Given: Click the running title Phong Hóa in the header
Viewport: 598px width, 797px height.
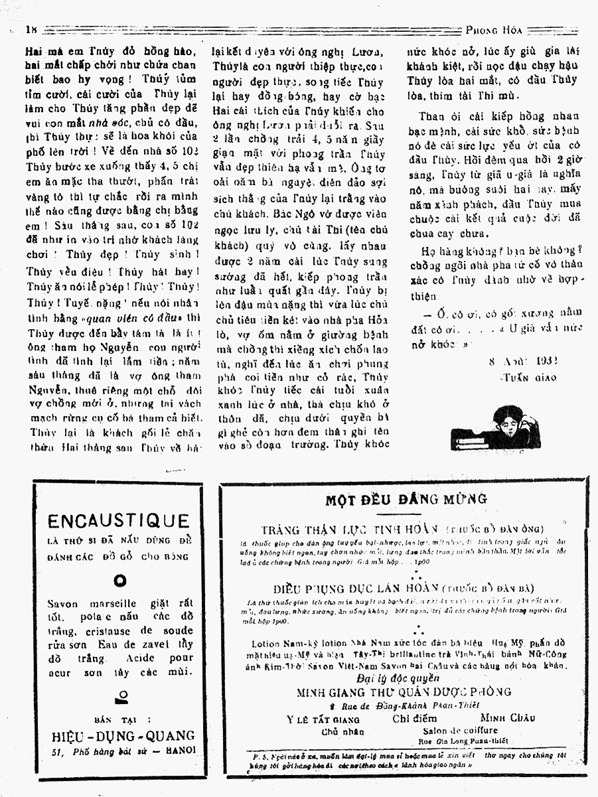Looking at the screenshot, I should tap(494, 29).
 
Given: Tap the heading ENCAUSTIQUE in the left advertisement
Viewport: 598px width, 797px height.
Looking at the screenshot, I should tap(119, 521).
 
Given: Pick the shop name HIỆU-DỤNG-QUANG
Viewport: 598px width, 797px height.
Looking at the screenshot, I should tap(123, 735).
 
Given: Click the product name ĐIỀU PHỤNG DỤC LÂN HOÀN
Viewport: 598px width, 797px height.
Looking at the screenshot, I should tap(357, 588).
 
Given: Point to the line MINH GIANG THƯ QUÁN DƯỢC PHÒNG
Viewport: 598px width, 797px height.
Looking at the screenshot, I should tap(404, 691).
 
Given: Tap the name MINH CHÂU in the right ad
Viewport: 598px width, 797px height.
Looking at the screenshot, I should tap(508, 718).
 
